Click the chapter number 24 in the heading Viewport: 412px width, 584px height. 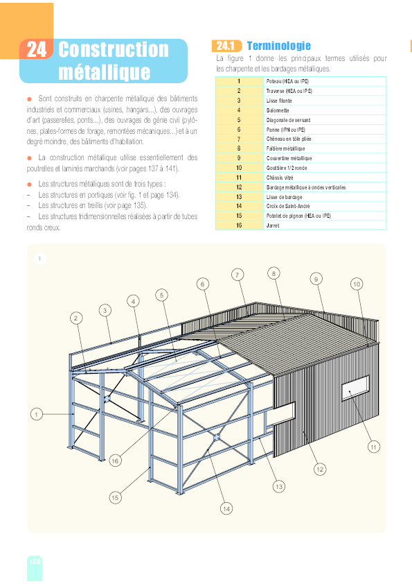pyautogui.click(x=37, y=49)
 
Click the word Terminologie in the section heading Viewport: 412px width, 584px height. pyautogui.click(x=278, y=46)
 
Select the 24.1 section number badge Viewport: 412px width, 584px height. pyautogui.click(x=226, y=46)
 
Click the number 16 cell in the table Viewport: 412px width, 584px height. pyautogui.click(x=239, y=225)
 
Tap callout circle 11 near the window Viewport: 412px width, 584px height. pyautogui.click(x=373, y=447)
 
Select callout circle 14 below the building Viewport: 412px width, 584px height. pyautogui.click(x=226, y=508)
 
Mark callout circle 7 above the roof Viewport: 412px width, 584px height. pyautogui.click(x=238, y=275)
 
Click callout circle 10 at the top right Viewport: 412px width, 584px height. pyautogui.click(x=357, y=284)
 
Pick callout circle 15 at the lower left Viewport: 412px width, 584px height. pyautogui.click(x=115, y=497)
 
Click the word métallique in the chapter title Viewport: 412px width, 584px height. pyautogui.click(x=104, y=71)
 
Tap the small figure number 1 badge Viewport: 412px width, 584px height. pyautogui.click(x=40, y=259)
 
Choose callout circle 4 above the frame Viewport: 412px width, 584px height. pyautogui.click(x=133, y=301)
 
